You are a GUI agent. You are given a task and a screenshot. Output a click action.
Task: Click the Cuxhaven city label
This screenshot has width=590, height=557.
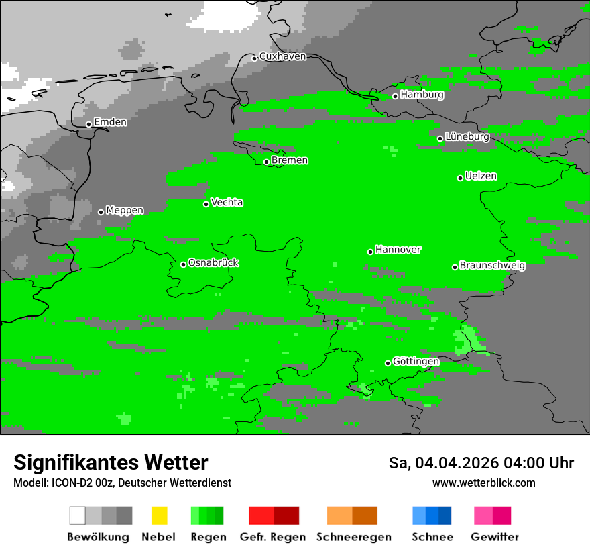tap(282, 56)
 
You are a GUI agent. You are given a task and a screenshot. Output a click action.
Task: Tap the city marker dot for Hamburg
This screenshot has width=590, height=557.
tap(395, 96)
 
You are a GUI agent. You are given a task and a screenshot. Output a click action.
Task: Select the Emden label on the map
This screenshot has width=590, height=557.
tap(110, 122)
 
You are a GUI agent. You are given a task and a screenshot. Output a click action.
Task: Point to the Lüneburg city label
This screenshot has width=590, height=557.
tap(467, 137)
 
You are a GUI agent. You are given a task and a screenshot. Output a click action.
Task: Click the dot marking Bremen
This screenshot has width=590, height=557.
tap(266, 162)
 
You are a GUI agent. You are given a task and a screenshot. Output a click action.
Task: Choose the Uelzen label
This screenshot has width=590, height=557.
tap(481, 176)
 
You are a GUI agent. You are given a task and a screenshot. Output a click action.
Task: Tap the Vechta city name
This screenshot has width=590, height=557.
tap(227, 203)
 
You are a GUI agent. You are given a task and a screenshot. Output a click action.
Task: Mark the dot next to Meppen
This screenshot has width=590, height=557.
tap(101, 212)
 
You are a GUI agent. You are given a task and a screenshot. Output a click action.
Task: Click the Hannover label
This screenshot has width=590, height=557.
tap(398, 250)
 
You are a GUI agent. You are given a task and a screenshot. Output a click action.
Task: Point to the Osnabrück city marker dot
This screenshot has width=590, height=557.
tap(183, 264)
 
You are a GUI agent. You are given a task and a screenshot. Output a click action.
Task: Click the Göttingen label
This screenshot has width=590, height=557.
tap(416, 362)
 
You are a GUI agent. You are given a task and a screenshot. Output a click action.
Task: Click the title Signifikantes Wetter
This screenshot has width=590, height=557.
tap(111, 463)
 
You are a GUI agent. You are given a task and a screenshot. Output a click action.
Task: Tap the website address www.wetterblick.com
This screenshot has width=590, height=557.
tap(483, 483)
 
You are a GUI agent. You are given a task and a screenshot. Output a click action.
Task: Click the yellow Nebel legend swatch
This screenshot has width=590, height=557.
tap(159, 515)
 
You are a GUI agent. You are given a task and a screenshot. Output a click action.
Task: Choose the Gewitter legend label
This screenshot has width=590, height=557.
tap(494, 537)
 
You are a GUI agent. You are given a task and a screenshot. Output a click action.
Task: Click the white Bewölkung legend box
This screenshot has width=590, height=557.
tap(77, 515)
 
